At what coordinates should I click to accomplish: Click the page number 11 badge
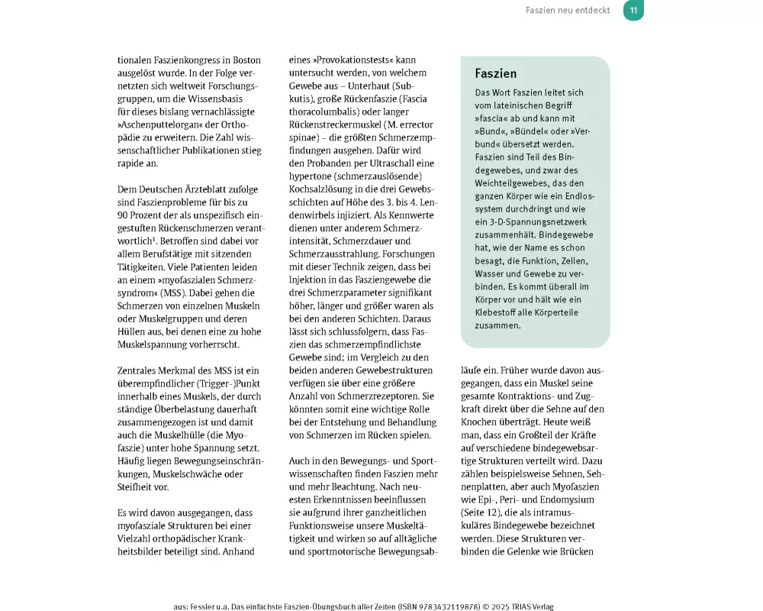(x=633, y=11)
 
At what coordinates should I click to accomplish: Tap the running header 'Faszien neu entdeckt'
(x=568, y=11)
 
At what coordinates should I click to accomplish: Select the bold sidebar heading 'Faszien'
(x=496, y=74)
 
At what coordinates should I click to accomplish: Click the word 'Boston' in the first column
(x=243, y=60)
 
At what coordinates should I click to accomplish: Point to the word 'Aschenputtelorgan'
(x=166, y=124)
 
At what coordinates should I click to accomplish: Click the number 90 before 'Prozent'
(x=124, y=215)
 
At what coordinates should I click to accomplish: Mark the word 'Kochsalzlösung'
(x=324, y=189)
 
